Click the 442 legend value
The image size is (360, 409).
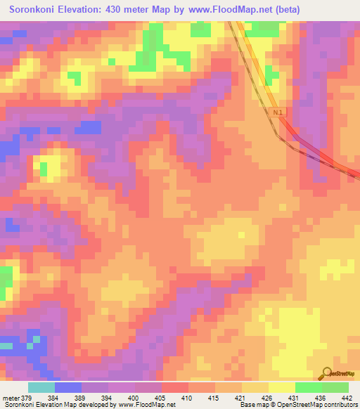347,397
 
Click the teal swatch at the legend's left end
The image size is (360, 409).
41,387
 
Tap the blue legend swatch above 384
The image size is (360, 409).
68,387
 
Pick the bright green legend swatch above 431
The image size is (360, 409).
308,387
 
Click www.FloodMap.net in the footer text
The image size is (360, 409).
146,405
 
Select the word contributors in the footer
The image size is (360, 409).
338,405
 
